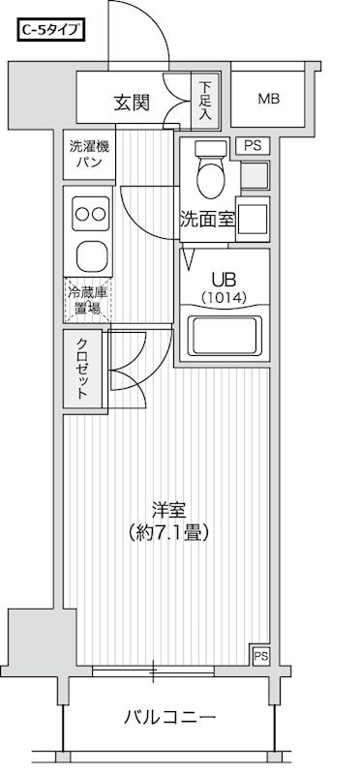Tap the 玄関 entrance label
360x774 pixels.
click(131, 102)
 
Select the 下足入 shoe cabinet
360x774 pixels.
click(204, 100)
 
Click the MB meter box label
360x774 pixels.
click(269, 99)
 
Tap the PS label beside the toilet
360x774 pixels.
click(253, 146)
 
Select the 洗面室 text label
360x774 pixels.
click(206, 219)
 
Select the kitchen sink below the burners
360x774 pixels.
click(88, 254)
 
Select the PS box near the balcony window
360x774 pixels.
click(260, 655)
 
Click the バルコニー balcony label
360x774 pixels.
click(169, 717)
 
